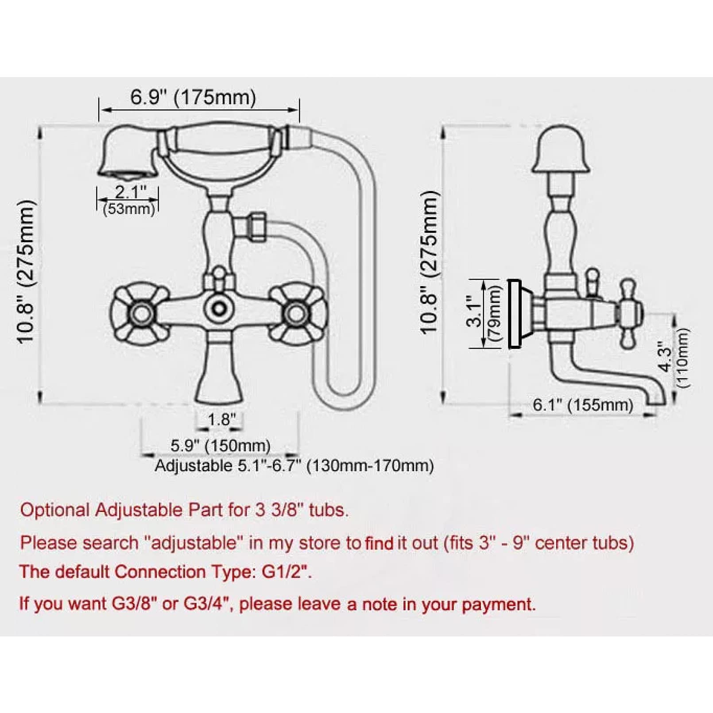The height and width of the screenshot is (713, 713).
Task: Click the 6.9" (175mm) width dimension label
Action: point(193,97)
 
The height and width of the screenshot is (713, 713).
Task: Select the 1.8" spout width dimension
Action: point(220,419)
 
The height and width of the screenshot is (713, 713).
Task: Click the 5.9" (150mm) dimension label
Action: point(221,446)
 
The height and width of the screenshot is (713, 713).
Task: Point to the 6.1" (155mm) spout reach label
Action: point(583,404)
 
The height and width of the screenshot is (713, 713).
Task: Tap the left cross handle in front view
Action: point(140,313)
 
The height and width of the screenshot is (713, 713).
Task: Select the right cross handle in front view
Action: point(298,313)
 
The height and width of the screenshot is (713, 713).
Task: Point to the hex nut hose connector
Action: point(257,227)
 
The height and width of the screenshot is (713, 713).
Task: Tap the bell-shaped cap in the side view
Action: point(560,149)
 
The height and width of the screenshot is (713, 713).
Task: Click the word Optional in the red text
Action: point(55,511)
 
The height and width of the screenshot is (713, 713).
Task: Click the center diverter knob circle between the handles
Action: point(219,308)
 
